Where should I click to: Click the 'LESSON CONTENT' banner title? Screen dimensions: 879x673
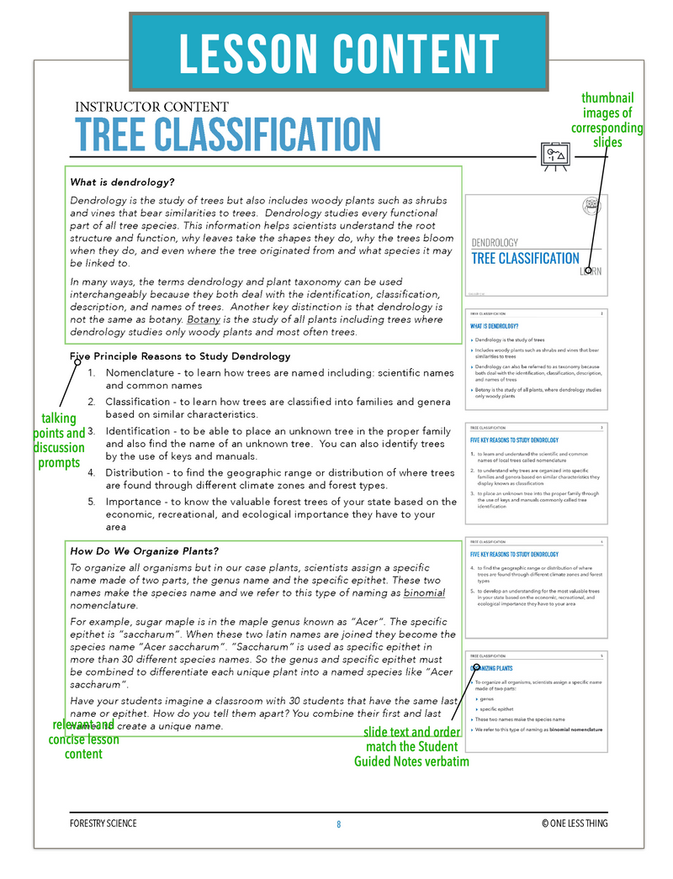(338, 54)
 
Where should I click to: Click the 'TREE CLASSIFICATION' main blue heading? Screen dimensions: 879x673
(227, 134)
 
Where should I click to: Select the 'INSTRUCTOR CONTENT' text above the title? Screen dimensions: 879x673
(151, 107)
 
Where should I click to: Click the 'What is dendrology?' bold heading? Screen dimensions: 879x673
(122, 182)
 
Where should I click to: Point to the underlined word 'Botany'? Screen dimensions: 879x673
(204, 319)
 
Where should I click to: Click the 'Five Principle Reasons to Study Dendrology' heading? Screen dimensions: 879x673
(180, 356)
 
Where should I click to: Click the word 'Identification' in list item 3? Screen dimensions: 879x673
(141, 431)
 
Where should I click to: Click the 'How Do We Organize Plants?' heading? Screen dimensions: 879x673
(144, 551)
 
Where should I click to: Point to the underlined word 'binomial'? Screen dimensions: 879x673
(424, 593)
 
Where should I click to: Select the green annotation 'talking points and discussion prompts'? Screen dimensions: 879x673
(58, 440)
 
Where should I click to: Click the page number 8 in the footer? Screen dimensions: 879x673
(339, 824)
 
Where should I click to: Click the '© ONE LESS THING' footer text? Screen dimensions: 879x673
(575, 824)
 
